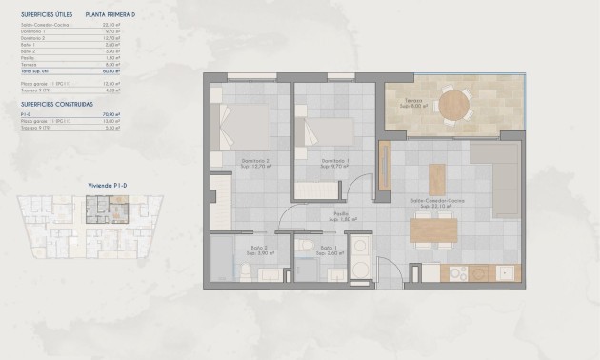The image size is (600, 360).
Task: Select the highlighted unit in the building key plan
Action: click(96, 205)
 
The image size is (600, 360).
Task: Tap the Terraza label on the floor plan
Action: click(410, 99)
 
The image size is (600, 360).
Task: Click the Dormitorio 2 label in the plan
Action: click(254, 160)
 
